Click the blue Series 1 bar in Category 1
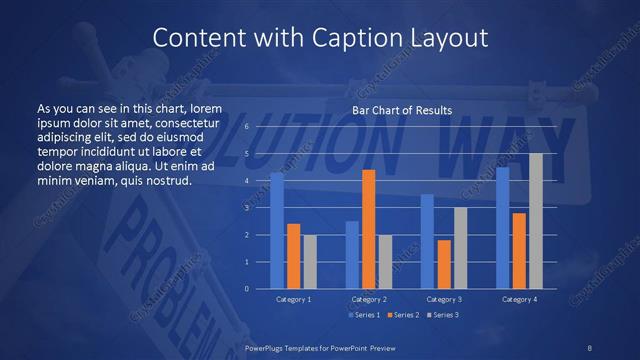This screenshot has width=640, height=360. [277, 231]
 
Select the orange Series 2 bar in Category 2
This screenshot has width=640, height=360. [368, 229]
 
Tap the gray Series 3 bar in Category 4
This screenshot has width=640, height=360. [536, 221]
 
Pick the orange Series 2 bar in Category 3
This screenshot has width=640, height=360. [444, 264]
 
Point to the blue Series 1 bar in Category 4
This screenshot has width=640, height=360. [503, 228]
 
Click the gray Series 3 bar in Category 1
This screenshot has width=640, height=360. [309, 262]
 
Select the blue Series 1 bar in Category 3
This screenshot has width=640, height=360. [427, 241]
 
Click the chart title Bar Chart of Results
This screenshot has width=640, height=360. [402, 110]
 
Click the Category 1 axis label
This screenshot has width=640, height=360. [293, 299]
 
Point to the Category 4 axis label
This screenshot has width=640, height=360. [519, 299]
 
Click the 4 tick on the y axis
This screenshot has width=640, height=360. [246, 181]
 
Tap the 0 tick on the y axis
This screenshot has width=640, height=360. [246, 289]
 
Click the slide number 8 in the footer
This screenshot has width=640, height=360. [589, 346]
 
